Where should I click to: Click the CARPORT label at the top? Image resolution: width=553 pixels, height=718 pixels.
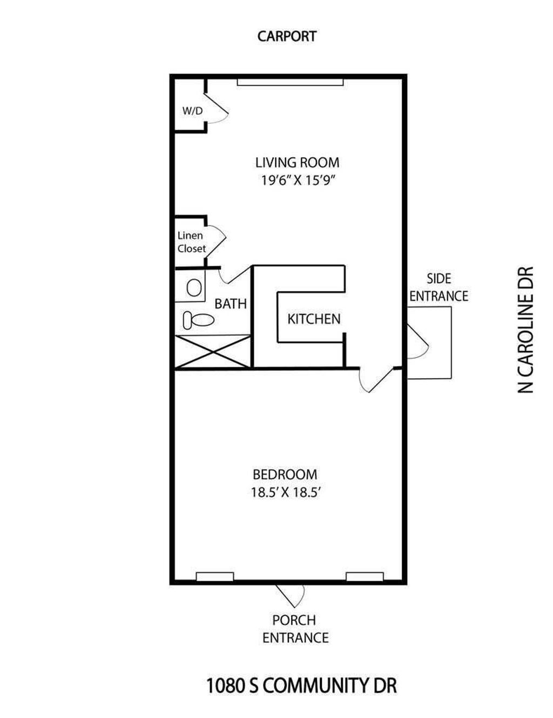287,36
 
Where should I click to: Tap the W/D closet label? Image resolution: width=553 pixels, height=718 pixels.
192,111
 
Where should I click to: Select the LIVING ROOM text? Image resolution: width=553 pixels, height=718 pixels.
297,162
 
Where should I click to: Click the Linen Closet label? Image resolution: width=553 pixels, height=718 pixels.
191,242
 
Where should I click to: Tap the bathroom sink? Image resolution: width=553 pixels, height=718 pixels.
194,287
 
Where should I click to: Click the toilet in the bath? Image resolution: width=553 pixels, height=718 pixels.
198,320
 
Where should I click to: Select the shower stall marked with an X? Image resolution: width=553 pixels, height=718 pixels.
213,352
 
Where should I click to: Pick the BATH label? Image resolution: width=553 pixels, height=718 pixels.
231,304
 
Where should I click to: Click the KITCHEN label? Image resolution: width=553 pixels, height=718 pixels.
314,319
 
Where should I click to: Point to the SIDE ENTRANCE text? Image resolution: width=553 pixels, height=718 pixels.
439,287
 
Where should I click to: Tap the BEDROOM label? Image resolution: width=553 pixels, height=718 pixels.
285,474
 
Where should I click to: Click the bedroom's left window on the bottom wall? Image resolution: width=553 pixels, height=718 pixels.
214,577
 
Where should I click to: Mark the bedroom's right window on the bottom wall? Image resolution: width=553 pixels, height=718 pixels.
365,577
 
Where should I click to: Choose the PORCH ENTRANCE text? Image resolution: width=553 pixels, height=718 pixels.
295,629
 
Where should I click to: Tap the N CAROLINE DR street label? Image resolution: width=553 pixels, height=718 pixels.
525,330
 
